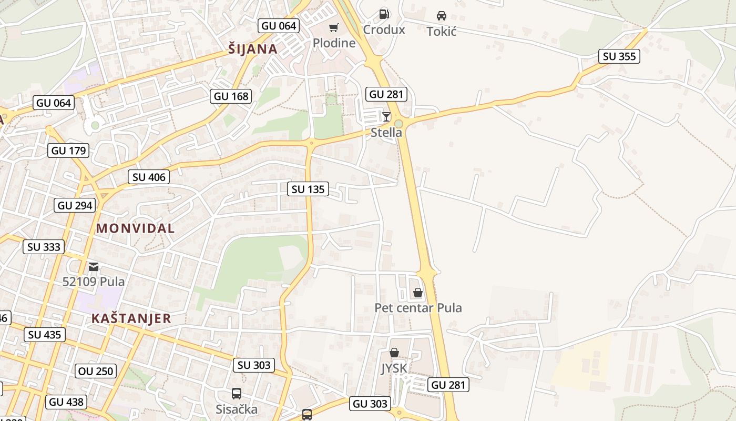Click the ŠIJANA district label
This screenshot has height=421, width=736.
point(253,49)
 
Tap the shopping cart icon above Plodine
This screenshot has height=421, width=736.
point(334,27)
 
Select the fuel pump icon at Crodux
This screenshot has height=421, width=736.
point(384,14)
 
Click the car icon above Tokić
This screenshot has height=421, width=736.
point(442,16)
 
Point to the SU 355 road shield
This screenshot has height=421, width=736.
point(619,56)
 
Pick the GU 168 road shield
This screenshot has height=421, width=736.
point(231,96)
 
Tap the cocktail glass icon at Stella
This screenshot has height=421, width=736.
point(386,116)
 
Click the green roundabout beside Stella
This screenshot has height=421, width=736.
point(398,124)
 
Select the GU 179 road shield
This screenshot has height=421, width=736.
point(68,151)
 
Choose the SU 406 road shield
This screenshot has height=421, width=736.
point(149,177)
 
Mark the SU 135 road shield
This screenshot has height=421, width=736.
point(308,189)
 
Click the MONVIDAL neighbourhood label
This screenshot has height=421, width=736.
point(135,228)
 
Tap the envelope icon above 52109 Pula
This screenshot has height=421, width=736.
point(94,267)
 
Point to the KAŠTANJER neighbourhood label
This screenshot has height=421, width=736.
point(131,318)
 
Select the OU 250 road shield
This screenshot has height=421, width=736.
point(95,371)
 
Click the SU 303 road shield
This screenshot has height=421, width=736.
point(254,365)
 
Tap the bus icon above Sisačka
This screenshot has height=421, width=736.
point(237,394)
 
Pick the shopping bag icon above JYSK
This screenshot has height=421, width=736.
point(394,353)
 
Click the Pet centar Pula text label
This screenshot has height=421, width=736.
point(418,308)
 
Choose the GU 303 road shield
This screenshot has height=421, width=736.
point(371,404)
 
